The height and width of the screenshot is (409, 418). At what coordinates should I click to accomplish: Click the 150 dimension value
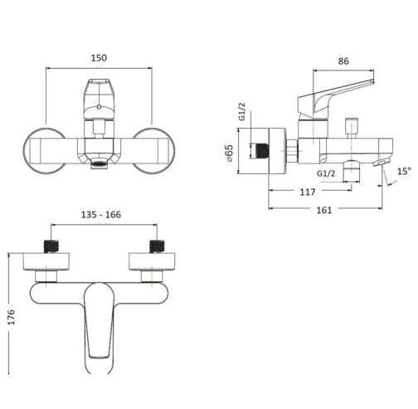pyautogui.click(x=99, y=59)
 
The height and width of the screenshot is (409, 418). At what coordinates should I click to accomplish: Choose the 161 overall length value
pyautogui.click(x=324, y=210)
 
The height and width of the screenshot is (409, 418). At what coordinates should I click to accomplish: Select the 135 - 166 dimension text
pyautogui.click(x=102, y=214)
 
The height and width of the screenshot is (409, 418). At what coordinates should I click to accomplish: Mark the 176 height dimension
pyautogui.click(x=11, y=317)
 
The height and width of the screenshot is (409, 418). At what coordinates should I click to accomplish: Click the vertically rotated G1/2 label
pyautogui.click(x=241, y=112)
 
